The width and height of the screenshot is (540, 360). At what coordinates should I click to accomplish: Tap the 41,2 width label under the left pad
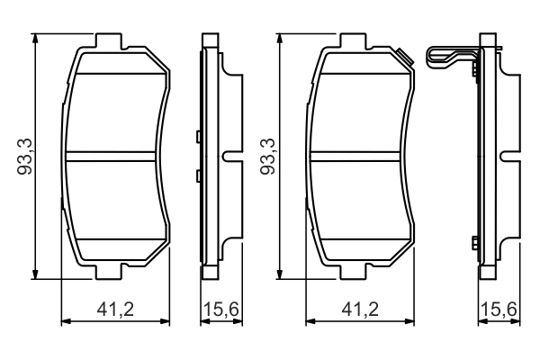tap(115, 310)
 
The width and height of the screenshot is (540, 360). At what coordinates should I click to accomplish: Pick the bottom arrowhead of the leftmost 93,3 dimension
tap(35, 274)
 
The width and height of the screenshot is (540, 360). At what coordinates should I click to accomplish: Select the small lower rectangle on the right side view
tap(474, 240)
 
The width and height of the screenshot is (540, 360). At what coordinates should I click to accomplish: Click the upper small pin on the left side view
tap(196, 138)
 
